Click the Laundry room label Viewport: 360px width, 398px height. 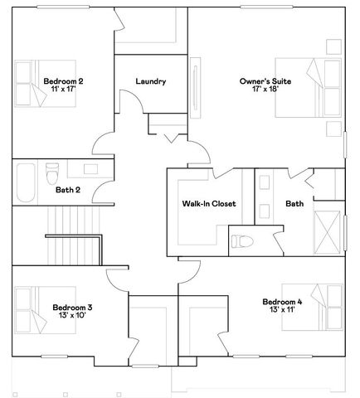coord(151,81)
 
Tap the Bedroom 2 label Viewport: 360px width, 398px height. coord(63,81)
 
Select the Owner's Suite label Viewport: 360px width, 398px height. coord(265,81)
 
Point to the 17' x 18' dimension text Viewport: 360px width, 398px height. coord(265,89)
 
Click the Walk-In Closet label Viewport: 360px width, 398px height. coord(209,204)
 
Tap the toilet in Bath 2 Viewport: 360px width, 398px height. coord(52,173)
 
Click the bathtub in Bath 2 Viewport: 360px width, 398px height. coord(26,182)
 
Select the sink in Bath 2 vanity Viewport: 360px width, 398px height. coord(90,169)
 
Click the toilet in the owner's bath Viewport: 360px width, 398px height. coord(242,241)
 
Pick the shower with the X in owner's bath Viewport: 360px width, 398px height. coord(328,232)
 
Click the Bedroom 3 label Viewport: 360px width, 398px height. coord(72,308)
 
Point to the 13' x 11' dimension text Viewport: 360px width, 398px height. coord(282,309)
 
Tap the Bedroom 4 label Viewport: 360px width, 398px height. coord(282,302)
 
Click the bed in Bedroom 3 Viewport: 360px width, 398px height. coord(46,310)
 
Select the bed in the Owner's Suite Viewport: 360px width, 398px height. coord(308,88)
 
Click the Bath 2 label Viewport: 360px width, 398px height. coord(68,190)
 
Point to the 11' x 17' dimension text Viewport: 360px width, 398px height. coord(63,89)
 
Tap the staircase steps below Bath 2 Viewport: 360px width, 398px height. coord(74,235)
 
